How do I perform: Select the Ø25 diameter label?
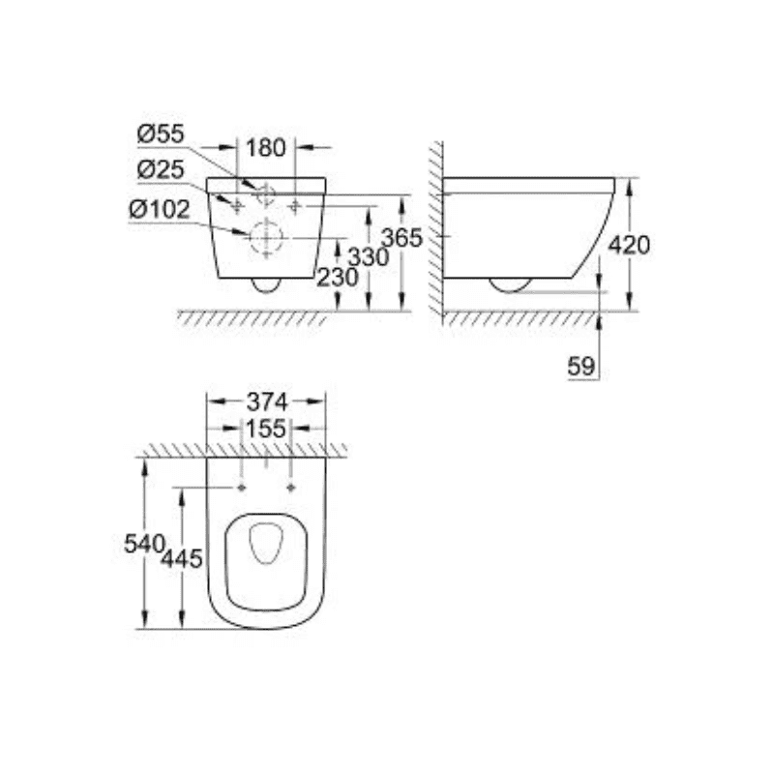coord(160,169)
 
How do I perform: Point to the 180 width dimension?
coord(266,148)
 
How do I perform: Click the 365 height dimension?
coord(401,238)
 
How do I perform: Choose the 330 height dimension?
coord(368,257)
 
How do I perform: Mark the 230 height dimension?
coord(338,277)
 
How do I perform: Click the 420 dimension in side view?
coord(629,245)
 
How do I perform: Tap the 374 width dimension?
coord(266,401)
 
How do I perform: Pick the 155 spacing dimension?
coord(266,429)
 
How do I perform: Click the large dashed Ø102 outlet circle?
coord(264,236)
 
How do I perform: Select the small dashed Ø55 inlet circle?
coord(264,193)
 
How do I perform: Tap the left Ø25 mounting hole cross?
coord(235,204)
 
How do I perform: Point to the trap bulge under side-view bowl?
coord(509,284)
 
